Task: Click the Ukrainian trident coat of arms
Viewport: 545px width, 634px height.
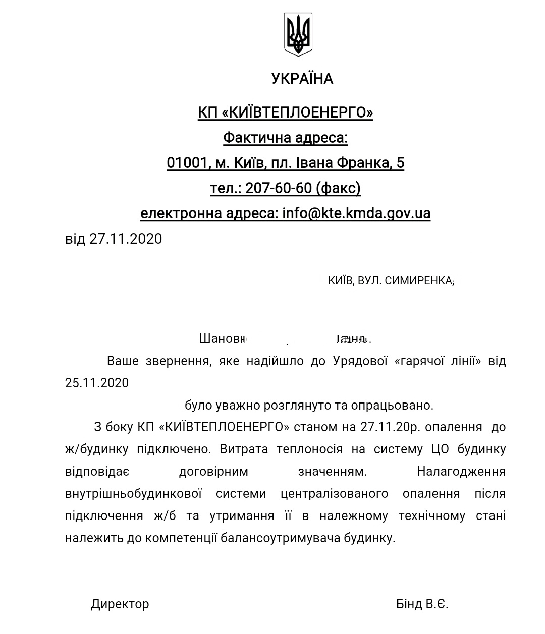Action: (298, 34)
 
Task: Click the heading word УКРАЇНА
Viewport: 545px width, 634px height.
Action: (302, 79)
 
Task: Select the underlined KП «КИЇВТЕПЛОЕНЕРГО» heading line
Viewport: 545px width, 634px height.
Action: (285, 112)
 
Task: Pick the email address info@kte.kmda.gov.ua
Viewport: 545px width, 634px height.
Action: (356, 213)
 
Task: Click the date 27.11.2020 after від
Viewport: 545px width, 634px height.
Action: (126, 239)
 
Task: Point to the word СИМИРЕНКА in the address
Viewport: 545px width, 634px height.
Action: (418, 281)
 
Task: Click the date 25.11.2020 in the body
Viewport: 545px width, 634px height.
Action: (97, 383)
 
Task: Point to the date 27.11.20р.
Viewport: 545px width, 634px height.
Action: (391, 427)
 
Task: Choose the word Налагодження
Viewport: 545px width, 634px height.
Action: (461, 472)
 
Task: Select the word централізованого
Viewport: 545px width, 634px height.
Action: (334, 493)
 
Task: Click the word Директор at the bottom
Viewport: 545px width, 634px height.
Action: (120, 604)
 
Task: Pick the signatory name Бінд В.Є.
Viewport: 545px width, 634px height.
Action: (422, 604)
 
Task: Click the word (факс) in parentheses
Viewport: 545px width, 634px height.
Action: (338, 188)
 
